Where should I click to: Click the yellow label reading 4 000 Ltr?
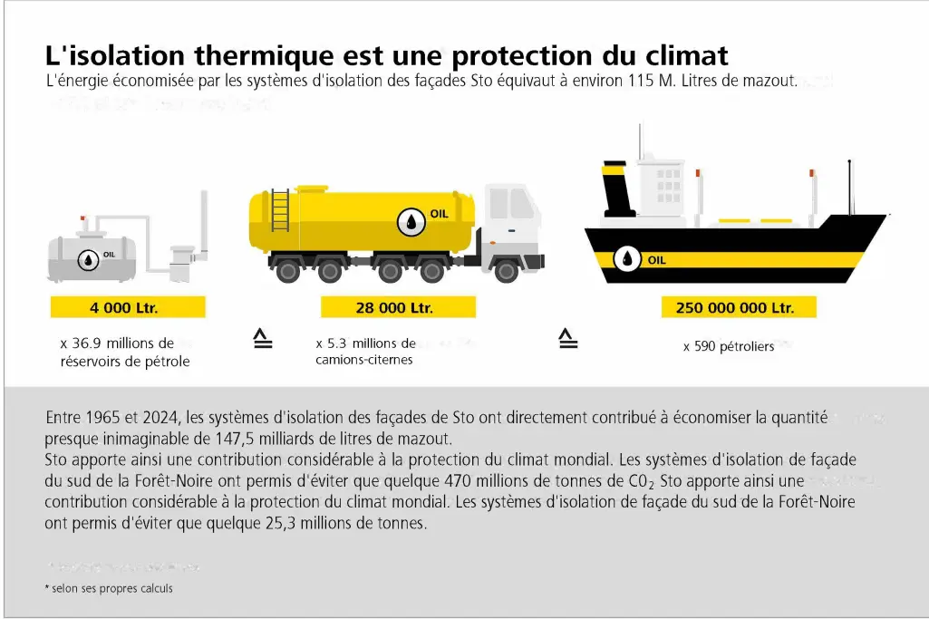pos(127,307)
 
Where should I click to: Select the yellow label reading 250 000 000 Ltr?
pos(735,307)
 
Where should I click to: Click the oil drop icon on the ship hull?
pos(626,259)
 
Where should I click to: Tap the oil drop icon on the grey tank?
pos(88,260)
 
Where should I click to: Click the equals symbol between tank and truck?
pos(262,340)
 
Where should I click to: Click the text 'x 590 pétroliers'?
pos(729,346)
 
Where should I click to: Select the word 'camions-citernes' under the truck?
pos(363,360)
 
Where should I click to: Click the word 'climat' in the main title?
pos(682,55)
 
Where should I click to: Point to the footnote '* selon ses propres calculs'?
pos(108,588)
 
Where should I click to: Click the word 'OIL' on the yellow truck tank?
pos(440,215)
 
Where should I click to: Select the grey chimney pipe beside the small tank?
pos(204,227)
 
